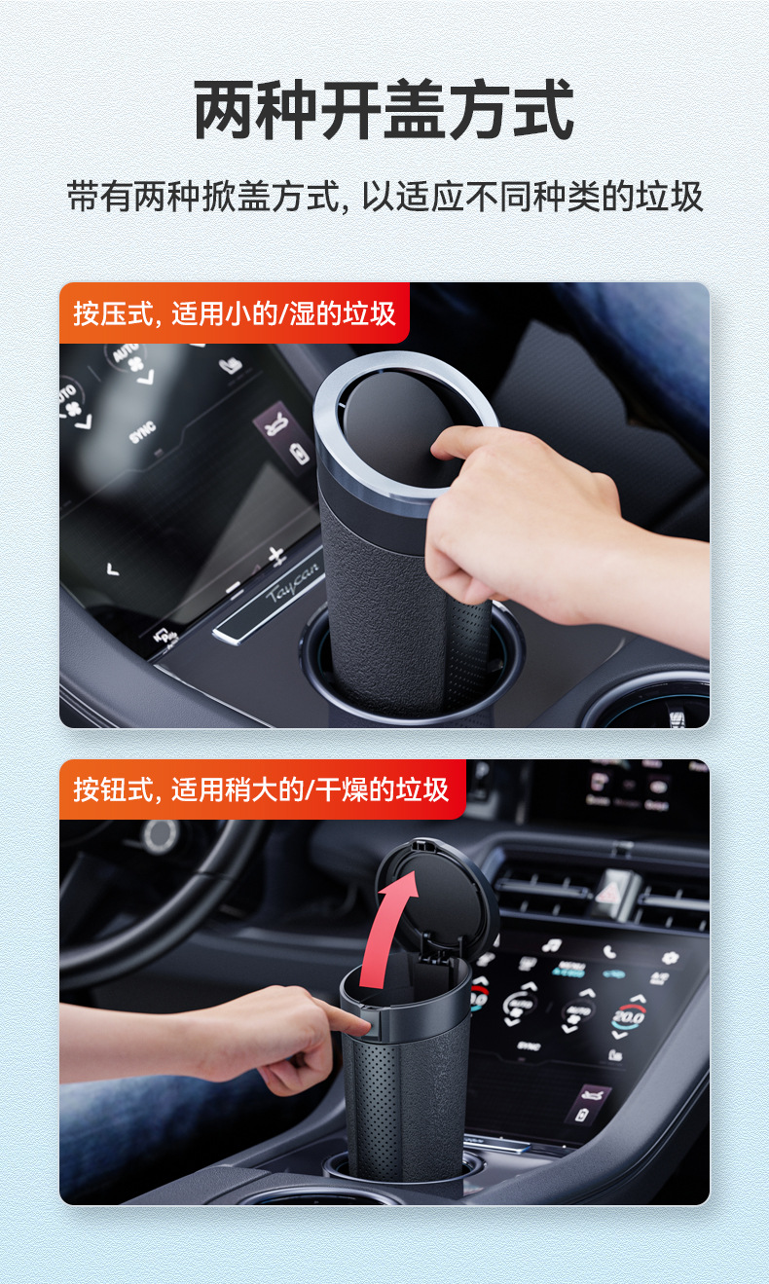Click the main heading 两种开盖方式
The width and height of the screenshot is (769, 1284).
click(384, 110)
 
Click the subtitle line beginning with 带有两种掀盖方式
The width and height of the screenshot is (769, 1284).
click(384, 196)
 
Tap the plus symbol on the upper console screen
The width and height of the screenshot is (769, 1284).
click(277, 556)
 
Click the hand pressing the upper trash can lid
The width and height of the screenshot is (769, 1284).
click(545, 526)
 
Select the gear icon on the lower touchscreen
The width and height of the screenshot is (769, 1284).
click(671, 957)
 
